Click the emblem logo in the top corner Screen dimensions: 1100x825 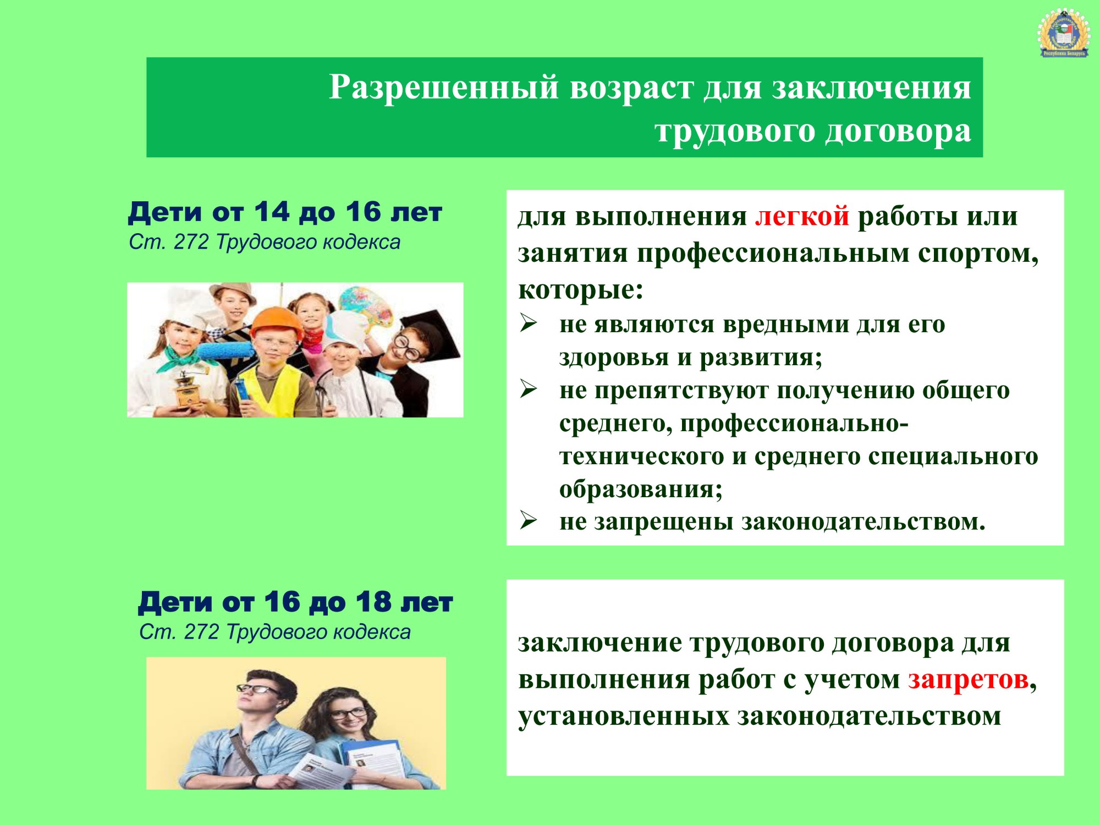coord(1064,33)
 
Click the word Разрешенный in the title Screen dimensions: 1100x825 coord(443,87)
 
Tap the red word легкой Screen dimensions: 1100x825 coord(802,216)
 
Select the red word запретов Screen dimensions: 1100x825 coord(968,680)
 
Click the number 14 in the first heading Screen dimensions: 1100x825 coord(271,212)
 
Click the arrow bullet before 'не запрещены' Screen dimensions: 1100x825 coord(528,520)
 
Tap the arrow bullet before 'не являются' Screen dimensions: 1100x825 coord(528,323)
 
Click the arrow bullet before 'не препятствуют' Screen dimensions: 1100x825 coord(528,389)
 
